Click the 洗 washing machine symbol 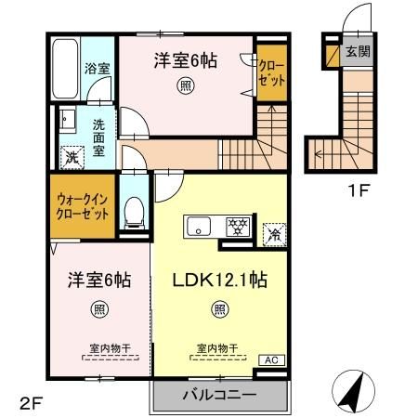click(x=70, y=158)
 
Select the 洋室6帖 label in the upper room click(x=186, y=61)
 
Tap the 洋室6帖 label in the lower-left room click(x=97, y=280)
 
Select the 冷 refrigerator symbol click(x=275, y=233)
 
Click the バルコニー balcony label click(x=219, y=396)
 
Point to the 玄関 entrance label click(x=356, y=52)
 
